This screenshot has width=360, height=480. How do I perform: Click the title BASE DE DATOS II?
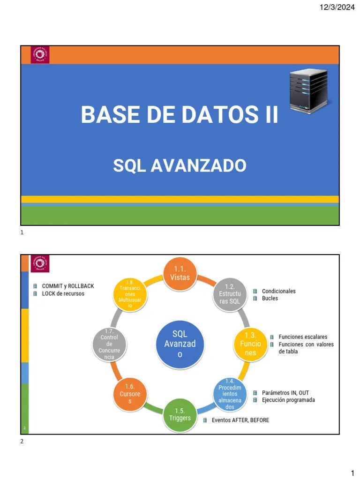point(180,115)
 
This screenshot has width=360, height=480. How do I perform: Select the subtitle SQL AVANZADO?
point(180,165)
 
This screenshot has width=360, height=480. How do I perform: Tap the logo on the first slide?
point(40,54)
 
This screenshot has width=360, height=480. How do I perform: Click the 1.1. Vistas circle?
point(180,273)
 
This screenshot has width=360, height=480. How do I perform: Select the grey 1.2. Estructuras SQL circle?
point(230,294)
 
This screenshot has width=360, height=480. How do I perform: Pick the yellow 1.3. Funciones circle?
point(250,344)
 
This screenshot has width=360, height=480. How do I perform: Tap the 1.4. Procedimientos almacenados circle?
point(230,394)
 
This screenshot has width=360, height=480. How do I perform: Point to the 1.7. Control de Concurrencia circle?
point(109,344)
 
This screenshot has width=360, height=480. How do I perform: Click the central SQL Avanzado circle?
point(180,344)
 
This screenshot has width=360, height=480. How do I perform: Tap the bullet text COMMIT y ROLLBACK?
point(68,286)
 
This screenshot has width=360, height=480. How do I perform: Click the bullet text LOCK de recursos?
point(63,293)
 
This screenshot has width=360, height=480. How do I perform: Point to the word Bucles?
point(270,298)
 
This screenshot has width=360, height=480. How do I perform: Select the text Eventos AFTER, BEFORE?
point(240,420)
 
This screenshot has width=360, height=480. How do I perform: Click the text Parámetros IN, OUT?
point(285,393)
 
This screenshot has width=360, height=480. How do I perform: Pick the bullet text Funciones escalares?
point(303,337)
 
